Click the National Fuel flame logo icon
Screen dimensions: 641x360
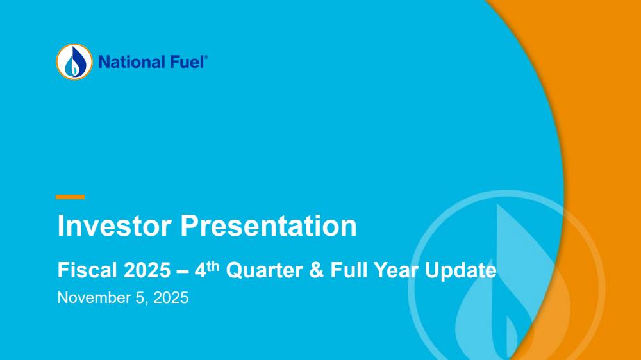coord(74,61)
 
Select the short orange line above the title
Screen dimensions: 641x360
coord(70,197)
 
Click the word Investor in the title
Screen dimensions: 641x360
coord(115,225)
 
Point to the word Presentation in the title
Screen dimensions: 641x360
coord(269,225)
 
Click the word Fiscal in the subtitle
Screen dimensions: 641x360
coord(87,270)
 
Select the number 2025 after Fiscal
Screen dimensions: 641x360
coord(147,270)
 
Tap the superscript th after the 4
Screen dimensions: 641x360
coord(213,266)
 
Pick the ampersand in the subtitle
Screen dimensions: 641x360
coord(317,270)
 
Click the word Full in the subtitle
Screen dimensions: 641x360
coord(349,270)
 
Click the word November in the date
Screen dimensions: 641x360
coord(94,297)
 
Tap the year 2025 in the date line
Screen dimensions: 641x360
coord(171,297)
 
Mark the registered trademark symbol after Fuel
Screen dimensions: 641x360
coord(206,58)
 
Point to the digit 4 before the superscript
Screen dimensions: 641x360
coord(200,270)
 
